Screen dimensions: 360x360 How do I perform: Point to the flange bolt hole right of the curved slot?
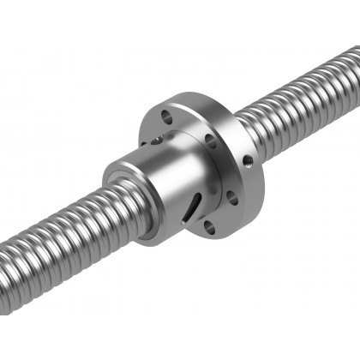tap(231, 197)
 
